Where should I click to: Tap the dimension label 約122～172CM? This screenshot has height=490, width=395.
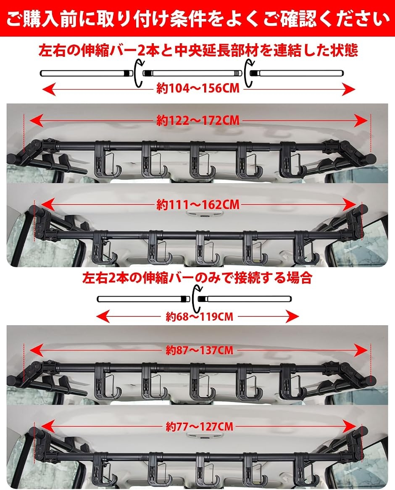pos(198,120)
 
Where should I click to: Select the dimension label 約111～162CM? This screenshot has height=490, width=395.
pos(198,205)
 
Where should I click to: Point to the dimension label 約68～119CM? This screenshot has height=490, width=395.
pos(199,317)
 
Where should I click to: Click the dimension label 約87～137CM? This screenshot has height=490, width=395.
pos(199,350)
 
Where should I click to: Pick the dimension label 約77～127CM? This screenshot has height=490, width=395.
pos(199,427)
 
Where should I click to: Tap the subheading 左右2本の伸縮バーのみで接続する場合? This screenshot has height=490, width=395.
pos(197,277)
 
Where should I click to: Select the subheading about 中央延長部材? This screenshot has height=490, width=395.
pos(198,50)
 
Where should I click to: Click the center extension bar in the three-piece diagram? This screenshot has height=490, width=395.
pos(192,74)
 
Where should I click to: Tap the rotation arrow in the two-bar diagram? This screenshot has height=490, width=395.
pos(196,298)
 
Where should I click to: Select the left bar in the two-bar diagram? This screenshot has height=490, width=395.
pos(144,299)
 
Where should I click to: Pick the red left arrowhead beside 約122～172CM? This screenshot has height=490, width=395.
pos(37,120)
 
